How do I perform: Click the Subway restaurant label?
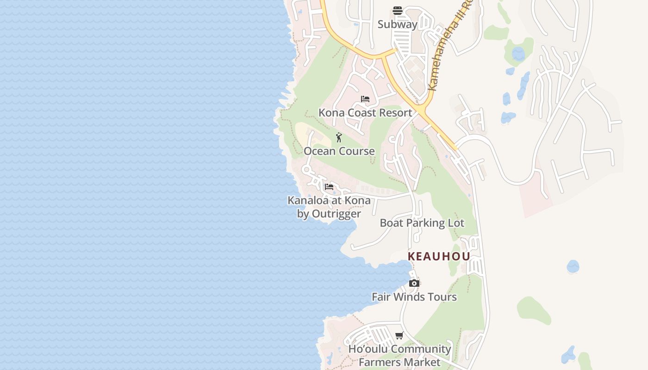[397, 25]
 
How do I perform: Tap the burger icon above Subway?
[397, 11]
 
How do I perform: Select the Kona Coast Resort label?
[365, 113]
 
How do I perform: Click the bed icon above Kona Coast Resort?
[365, 99]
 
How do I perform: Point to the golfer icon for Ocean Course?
[339, 137]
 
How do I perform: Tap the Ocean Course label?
[339, 151]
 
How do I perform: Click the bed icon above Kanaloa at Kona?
[329, 187]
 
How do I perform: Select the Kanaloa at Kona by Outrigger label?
[329, 207]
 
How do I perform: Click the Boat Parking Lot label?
[422, 223]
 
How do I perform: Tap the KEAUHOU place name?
[439, 256]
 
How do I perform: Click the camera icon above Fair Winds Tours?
[414, 283]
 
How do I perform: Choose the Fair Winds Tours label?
[414, 297]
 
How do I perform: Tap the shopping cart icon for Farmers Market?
[399, 335]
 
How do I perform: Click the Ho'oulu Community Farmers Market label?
[399, 355]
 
